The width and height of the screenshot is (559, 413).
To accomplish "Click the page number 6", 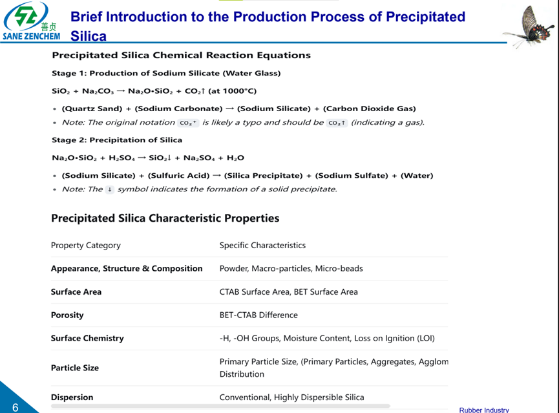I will coord(15,407).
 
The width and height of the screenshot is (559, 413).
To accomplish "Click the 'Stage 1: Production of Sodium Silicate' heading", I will coord(166,73).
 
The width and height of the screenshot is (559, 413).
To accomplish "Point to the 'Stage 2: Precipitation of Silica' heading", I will coord(117,140).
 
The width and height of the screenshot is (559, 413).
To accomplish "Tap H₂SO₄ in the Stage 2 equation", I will coord(120,158).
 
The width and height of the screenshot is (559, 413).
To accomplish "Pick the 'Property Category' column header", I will coord(85,245).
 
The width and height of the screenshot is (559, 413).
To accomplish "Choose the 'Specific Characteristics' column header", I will coord(262,245).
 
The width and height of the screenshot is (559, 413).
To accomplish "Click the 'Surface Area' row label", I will coord(76,291).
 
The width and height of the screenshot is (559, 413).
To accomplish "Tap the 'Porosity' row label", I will coord(67,315).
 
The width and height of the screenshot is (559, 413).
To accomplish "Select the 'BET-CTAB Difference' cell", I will coord(258,315).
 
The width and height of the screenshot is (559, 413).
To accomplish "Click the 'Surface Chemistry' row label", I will coord(87,338).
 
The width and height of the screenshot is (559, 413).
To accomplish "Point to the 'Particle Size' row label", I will coord(75,368).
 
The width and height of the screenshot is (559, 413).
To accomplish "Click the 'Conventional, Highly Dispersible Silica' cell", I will coord(291,397).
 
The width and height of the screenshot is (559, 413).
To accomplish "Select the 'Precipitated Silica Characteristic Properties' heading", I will coord(165,218).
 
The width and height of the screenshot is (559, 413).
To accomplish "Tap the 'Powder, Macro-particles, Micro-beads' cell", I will coord(291,268).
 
